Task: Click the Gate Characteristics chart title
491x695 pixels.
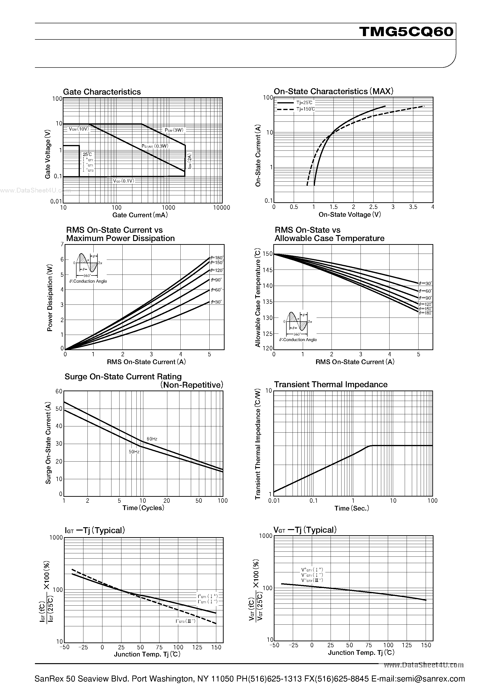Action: (102, 92)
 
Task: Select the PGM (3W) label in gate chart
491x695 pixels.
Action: (174, 130)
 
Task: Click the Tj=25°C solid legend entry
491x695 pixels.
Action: (304, 103)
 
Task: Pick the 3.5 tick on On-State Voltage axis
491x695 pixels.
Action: (413, 207)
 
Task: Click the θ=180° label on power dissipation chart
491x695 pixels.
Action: (217, 258)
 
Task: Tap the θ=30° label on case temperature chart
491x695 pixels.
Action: (425, 284)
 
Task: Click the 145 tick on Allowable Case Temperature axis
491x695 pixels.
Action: (268, 270)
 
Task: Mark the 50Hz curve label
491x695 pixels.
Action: (134, 452)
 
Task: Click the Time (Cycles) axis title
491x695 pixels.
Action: (143, 508)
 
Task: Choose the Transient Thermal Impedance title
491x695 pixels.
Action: (331, 384)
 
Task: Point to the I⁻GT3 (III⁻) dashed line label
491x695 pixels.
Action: (186, 621)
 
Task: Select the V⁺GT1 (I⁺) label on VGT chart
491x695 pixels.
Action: (312, 570)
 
